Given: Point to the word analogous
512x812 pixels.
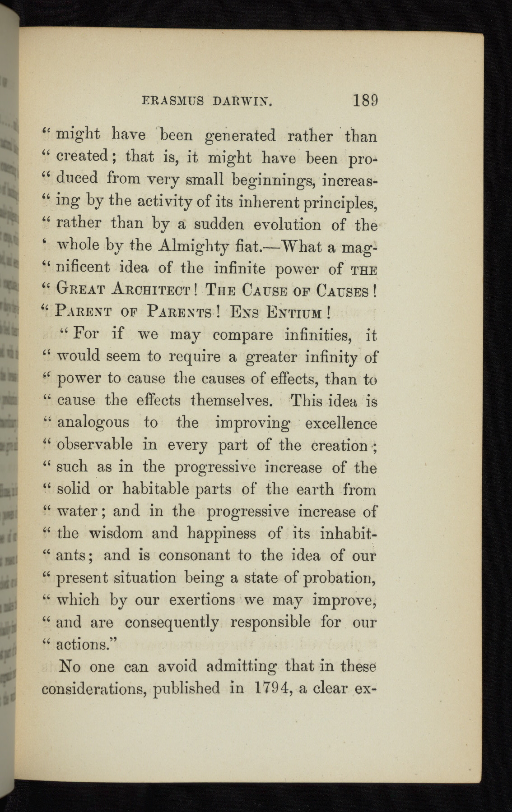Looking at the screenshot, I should [93, 423].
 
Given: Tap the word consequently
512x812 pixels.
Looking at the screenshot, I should [172, 623].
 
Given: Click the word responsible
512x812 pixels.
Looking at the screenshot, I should [276, 622].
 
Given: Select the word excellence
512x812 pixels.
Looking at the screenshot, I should [341, 423].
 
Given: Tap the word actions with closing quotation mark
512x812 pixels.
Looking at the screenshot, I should [86, 644].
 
